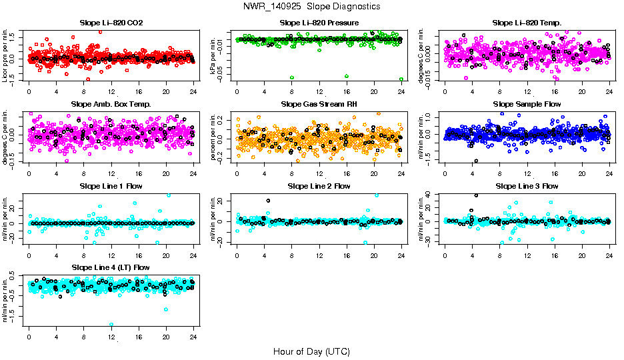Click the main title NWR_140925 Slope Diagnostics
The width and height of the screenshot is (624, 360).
[312, 6]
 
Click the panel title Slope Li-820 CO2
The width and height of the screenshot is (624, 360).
[111, 23]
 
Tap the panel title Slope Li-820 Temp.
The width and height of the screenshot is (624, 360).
[527, 23]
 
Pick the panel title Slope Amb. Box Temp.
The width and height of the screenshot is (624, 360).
[111, 104]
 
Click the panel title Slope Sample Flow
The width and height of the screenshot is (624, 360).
[527, 104]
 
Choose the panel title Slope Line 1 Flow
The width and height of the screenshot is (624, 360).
[111, 185]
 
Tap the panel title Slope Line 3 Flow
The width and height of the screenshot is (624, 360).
[527, 185]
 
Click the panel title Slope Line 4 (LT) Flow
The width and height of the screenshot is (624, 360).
[111, 267]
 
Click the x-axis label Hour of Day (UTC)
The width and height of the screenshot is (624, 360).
[311, 351]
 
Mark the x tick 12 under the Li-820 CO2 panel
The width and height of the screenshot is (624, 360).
[111, 91]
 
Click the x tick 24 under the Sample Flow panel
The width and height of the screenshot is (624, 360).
[609, 173]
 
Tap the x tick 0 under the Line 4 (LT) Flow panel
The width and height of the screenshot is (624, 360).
[29, 336]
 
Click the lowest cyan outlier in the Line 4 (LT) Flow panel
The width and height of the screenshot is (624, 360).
[111, 325]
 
